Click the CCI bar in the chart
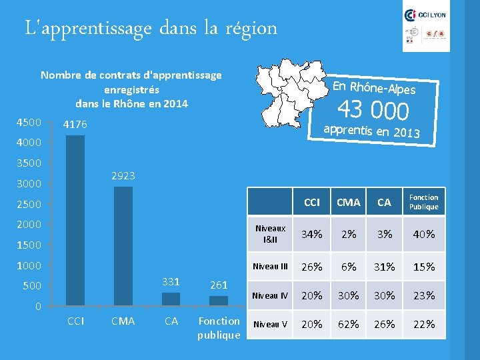click(x=75, y=220)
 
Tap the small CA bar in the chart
click(x=171, y=299)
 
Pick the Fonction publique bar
click(x=219, y=301)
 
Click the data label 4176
click(x=75, y=125)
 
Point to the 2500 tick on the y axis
click(x=29, y=204)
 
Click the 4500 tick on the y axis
click(x=29, y=122)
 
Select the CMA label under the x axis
click(x=123, y=321)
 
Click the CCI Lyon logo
click(x=427, y=15)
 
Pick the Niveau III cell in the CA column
click(x=384, y=267)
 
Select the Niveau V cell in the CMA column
click(x=348, y=324)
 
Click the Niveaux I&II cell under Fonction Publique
click(x=423, y=234)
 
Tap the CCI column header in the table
click(x=311, y=202)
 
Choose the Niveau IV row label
click(x=270, y=295)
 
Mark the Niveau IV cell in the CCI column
click(x=311, y=295)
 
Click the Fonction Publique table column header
click(x=423, y=202)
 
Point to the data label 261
click(x=219, y=285)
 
